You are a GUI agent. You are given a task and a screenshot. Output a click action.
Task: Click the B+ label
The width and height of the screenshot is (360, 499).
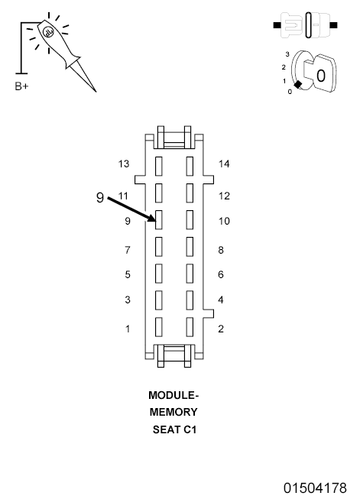[21, 86]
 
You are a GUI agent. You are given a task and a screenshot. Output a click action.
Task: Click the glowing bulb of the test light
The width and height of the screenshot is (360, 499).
[47, 33]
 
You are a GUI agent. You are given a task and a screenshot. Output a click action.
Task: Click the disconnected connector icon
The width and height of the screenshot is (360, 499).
[306, 25]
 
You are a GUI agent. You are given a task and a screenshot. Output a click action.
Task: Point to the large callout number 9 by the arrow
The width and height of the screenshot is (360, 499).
[100, 197]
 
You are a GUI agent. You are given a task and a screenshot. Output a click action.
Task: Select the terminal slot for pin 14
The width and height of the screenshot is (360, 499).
[190, 165]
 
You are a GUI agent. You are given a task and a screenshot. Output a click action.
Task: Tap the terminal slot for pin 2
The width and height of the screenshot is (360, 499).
[190, 327]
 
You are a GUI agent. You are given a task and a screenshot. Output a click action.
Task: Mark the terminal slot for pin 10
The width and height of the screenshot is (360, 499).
[190, 219]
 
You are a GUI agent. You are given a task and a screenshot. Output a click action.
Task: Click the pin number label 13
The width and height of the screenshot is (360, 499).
[125, 164]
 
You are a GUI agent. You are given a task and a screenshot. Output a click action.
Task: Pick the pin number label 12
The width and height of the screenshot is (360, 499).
[224, 196]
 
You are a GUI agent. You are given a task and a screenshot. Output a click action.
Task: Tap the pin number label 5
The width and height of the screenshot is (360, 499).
[128, 274]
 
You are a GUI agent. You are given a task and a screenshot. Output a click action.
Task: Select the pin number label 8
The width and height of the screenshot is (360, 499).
[221, 250]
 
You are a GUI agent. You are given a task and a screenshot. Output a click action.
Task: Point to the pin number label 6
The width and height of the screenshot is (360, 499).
[221, 274]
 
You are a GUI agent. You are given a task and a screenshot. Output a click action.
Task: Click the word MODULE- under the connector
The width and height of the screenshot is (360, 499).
[174, 396]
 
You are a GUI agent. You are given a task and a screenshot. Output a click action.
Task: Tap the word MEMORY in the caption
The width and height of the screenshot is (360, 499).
[174, 413]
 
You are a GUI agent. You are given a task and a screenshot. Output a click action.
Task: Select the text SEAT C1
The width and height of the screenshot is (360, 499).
[174, 429]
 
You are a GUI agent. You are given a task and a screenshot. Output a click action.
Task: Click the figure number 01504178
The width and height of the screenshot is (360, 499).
[316, 488]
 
